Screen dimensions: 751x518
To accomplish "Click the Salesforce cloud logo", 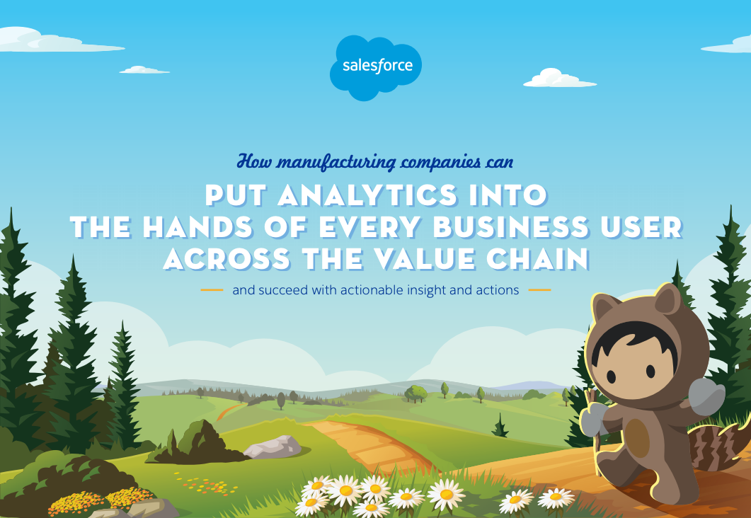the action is [x=375, y=67].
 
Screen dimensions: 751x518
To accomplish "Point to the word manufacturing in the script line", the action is [x=337, y=162].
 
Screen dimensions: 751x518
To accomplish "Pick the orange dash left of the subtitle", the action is [x=212, y=290].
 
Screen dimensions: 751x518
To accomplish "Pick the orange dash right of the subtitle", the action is [x=539, y=290].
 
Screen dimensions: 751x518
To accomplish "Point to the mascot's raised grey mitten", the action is [x=706, y=396].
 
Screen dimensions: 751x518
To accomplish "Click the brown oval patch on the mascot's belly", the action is [x=637, y=437].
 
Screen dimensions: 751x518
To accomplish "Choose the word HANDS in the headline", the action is [x=197, y=227].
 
